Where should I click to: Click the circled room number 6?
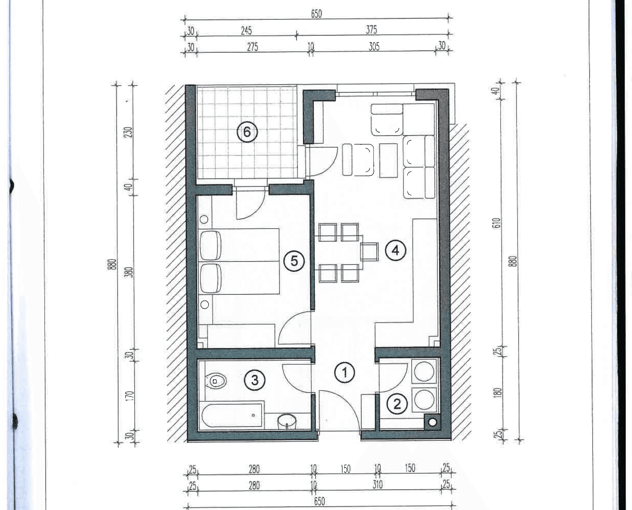[x=247, y=132]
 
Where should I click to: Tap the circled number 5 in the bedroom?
[x=294, y=261]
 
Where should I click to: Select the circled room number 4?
[x=396, y=251]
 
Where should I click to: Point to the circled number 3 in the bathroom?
[x=255, y=380]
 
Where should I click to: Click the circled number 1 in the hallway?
[x=345, y=372]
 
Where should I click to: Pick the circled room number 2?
[x=397, y=404]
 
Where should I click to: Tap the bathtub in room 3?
[x=232, y=416]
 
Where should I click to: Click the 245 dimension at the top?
[x=246, y=30]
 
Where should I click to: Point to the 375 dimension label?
[x=371, y=30]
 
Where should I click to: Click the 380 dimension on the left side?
[x=129, y=272]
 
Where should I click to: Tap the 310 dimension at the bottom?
[x=377, y=485]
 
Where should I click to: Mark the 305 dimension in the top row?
[x=374, y=46]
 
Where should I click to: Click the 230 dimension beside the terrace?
[x=129, y=132]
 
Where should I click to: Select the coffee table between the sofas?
[x=388, y=160]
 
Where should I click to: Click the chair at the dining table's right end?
[x=369, y=252]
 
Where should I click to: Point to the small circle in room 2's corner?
[x=432, y=422]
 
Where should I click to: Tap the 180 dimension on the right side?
[x=497, y=392]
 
